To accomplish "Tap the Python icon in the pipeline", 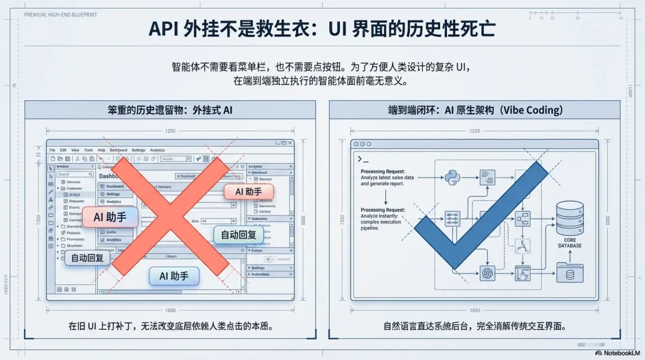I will (450, 176).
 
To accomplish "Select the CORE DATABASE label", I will (570, 242).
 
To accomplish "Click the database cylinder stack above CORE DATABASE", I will (570, 217).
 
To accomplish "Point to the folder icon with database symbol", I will (570, 273).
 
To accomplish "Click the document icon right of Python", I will (487, 176).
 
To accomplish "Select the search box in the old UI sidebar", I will (70, 174).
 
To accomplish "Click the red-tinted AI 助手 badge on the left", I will (109, 217).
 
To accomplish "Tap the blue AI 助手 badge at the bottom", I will (174, 276).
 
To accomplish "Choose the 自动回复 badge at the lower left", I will (87, 258).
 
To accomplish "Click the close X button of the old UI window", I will (290, 143).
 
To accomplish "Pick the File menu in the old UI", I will (53, 150).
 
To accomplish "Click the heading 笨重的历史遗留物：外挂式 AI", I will (170, 111).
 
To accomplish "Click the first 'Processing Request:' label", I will (383, 171).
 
